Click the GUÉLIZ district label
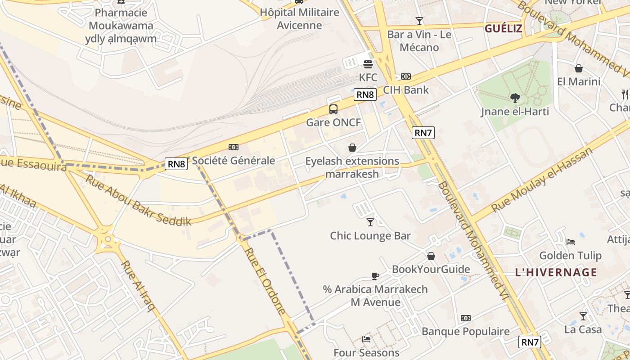[x=503, y=29]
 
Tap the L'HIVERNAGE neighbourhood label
[x=556, y=272]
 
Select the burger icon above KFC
[x=368, y=64]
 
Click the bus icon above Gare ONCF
[x=333, y=109]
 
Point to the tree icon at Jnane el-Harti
[x=515, y=98]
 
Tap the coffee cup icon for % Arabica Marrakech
[x=375, y=276]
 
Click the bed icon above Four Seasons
[x=366, y=339]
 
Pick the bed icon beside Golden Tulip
[x=571, y=242]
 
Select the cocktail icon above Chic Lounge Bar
[x=370, y=222]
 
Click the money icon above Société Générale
[x=233, y=147]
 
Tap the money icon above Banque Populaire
[x=465, y=318]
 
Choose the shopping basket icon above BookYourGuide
[x=431, y=256]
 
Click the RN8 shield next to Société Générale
[x=176, y=164]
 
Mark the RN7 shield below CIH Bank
[x=423, y=133]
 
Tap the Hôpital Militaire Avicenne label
[x=299, y=18]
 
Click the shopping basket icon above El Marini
[x=579, y=68]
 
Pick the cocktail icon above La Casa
[x=583, y=316]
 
